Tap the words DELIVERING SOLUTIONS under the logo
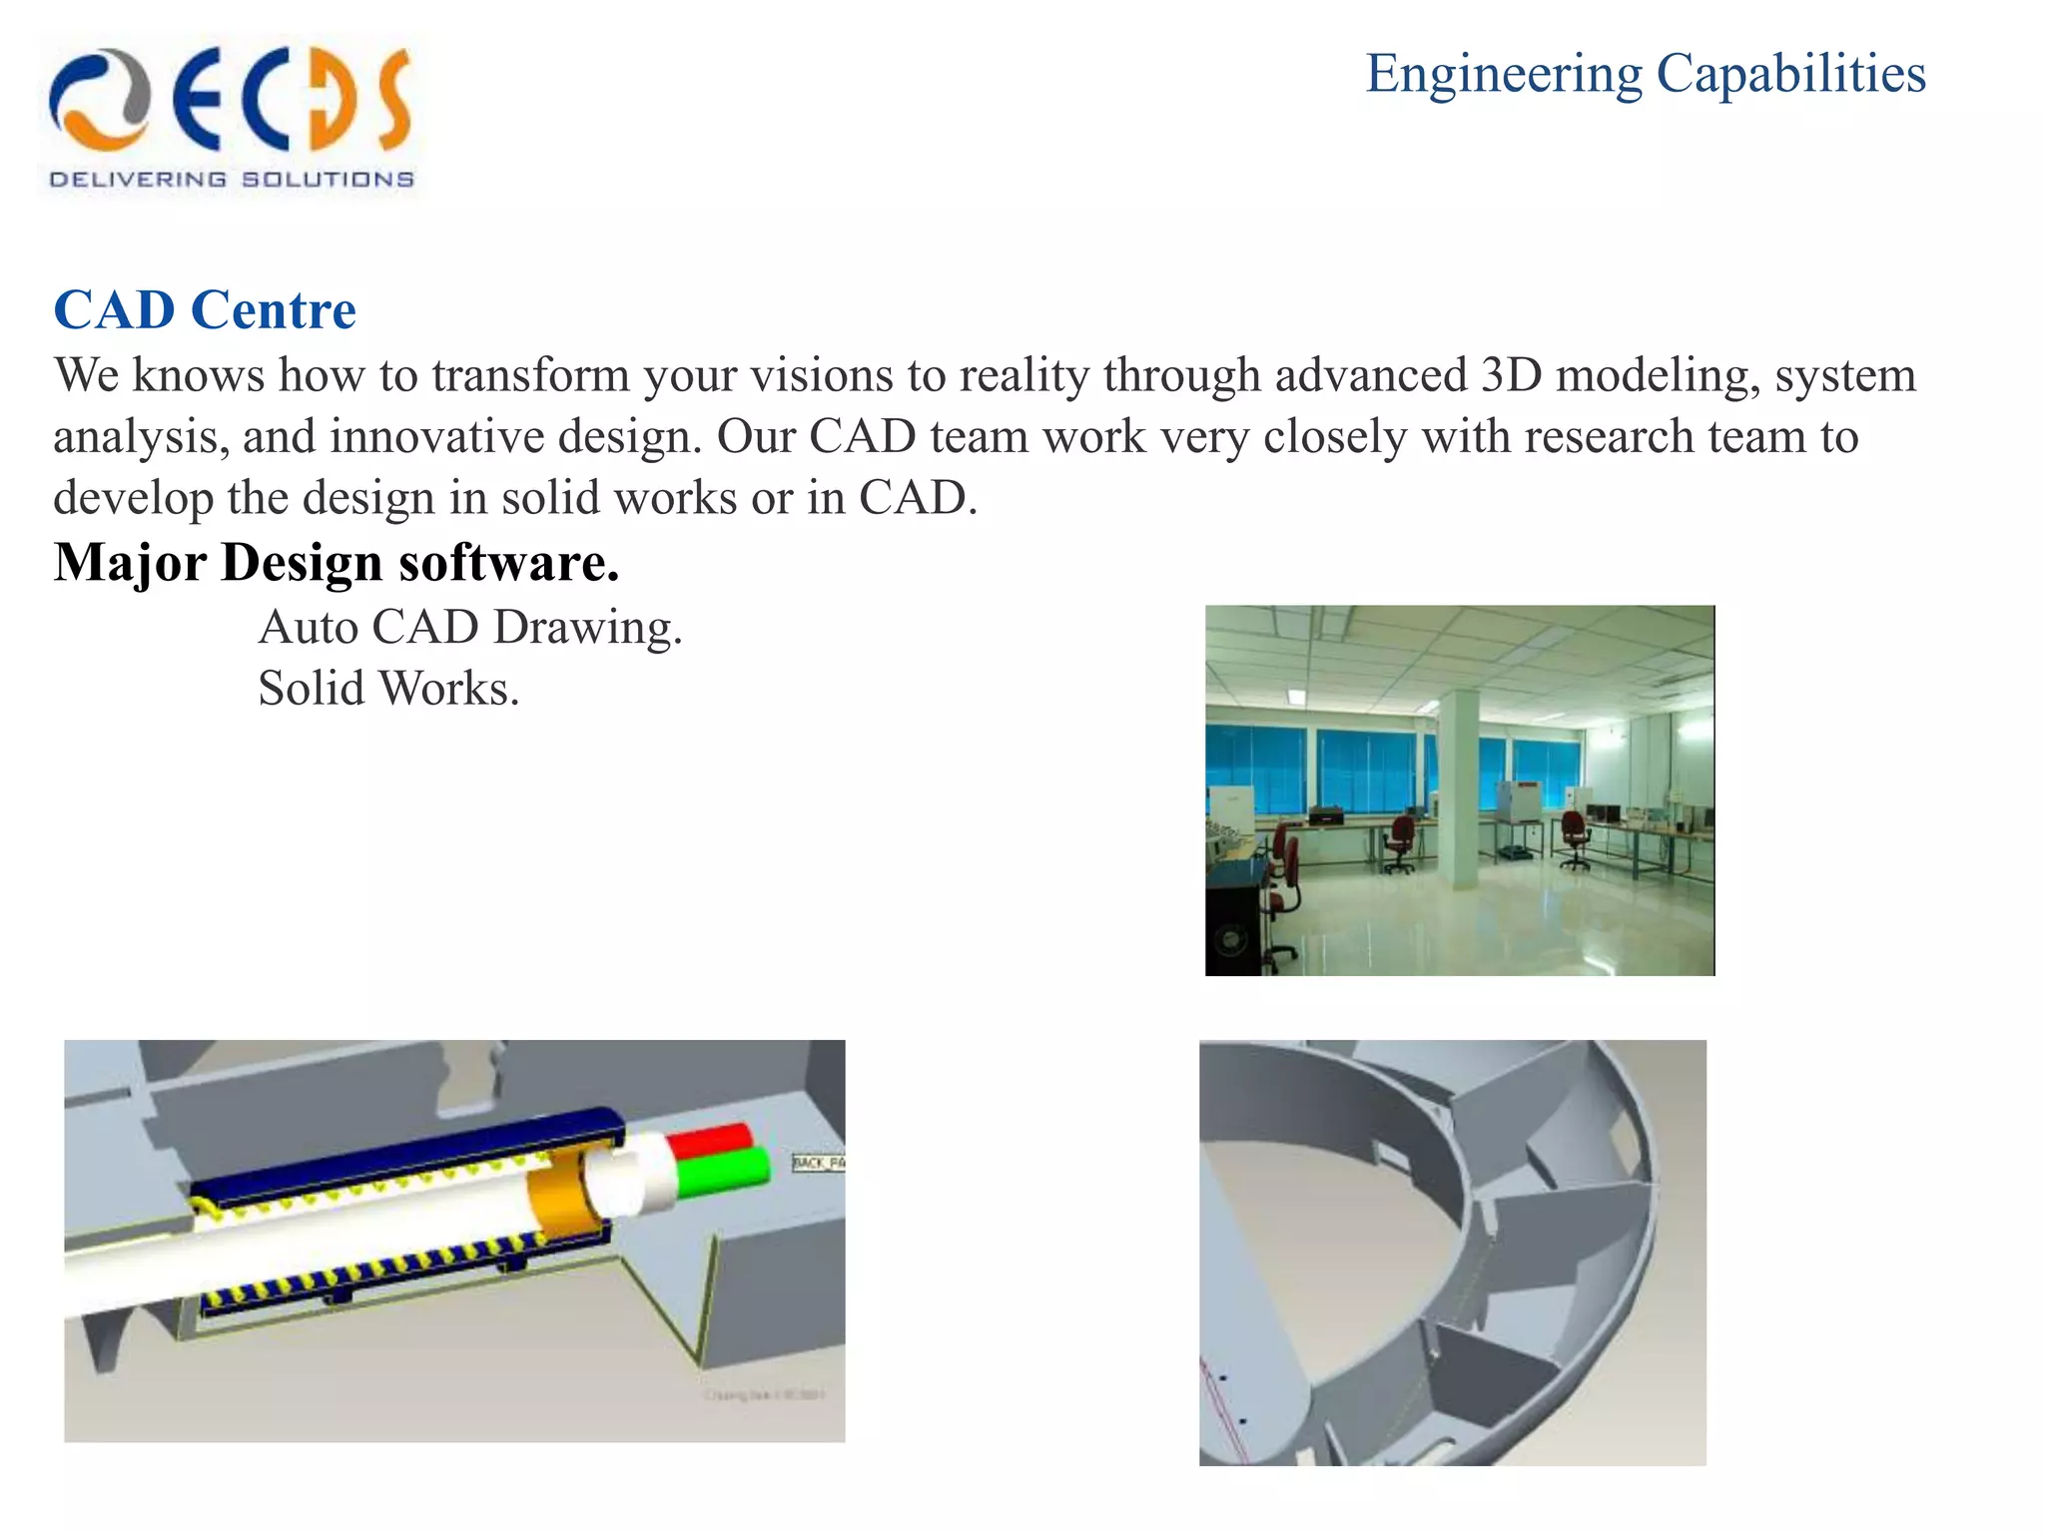click(x=231, y=180)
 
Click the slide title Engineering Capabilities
click(x=1645, y=74)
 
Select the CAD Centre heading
click(x=205, y=309)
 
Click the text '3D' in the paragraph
click(x=1511, y=376)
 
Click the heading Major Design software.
click(x=337, y=563)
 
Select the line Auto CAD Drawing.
click(x=469, y=628)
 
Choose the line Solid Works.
click(x=388, y=689)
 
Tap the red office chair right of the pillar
click(x=1575, y=836)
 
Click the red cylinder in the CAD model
click(x=710, y=1140)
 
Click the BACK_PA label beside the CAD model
click(x=818, y=1163)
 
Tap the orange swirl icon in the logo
click(x=99, y=100)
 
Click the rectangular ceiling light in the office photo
click(x=1295, y=696)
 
